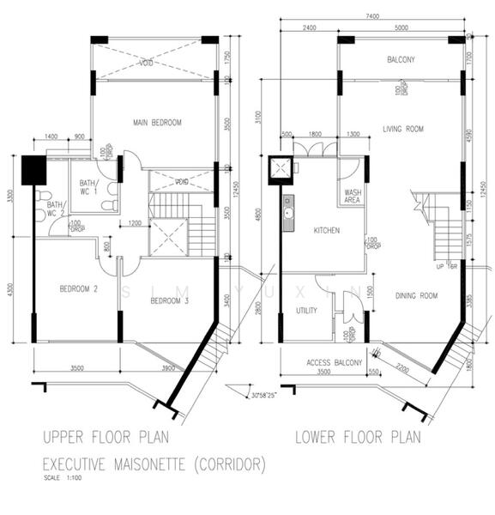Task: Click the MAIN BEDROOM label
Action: [x=157, y=123]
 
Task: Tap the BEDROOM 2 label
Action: [x=78, y=289]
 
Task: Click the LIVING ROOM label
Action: [x=402, y=130]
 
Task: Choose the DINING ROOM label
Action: [x=416, y=296]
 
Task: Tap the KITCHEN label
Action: [x=326, y=231]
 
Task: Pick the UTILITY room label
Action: [x=307, y=310]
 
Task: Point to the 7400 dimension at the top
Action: [x=371, y=16]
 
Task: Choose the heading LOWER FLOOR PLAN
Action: [x=358, y=438]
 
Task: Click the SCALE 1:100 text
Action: [x=63, y=479]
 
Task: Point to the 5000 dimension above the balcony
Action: [x=401, y=28]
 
